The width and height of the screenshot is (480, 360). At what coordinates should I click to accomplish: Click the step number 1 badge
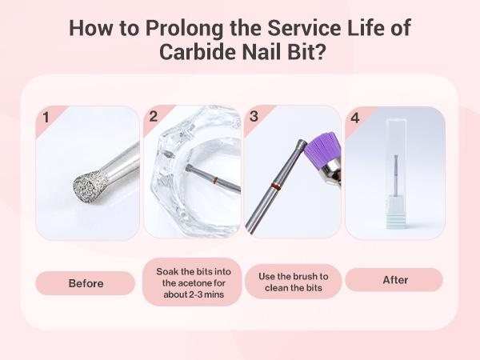46,118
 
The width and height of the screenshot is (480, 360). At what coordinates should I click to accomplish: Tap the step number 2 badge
153,118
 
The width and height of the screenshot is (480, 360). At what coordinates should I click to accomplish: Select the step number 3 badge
254,118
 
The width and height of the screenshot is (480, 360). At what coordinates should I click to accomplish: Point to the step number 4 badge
354,118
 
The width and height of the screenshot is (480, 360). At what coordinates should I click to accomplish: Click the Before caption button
86,283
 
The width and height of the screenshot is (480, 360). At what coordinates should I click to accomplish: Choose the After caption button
395,280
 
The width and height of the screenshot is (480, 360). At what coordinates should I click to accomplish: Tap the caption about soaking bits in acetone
192,282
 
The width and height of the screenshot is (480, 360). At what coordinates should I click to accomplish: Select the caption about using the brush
293,282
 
